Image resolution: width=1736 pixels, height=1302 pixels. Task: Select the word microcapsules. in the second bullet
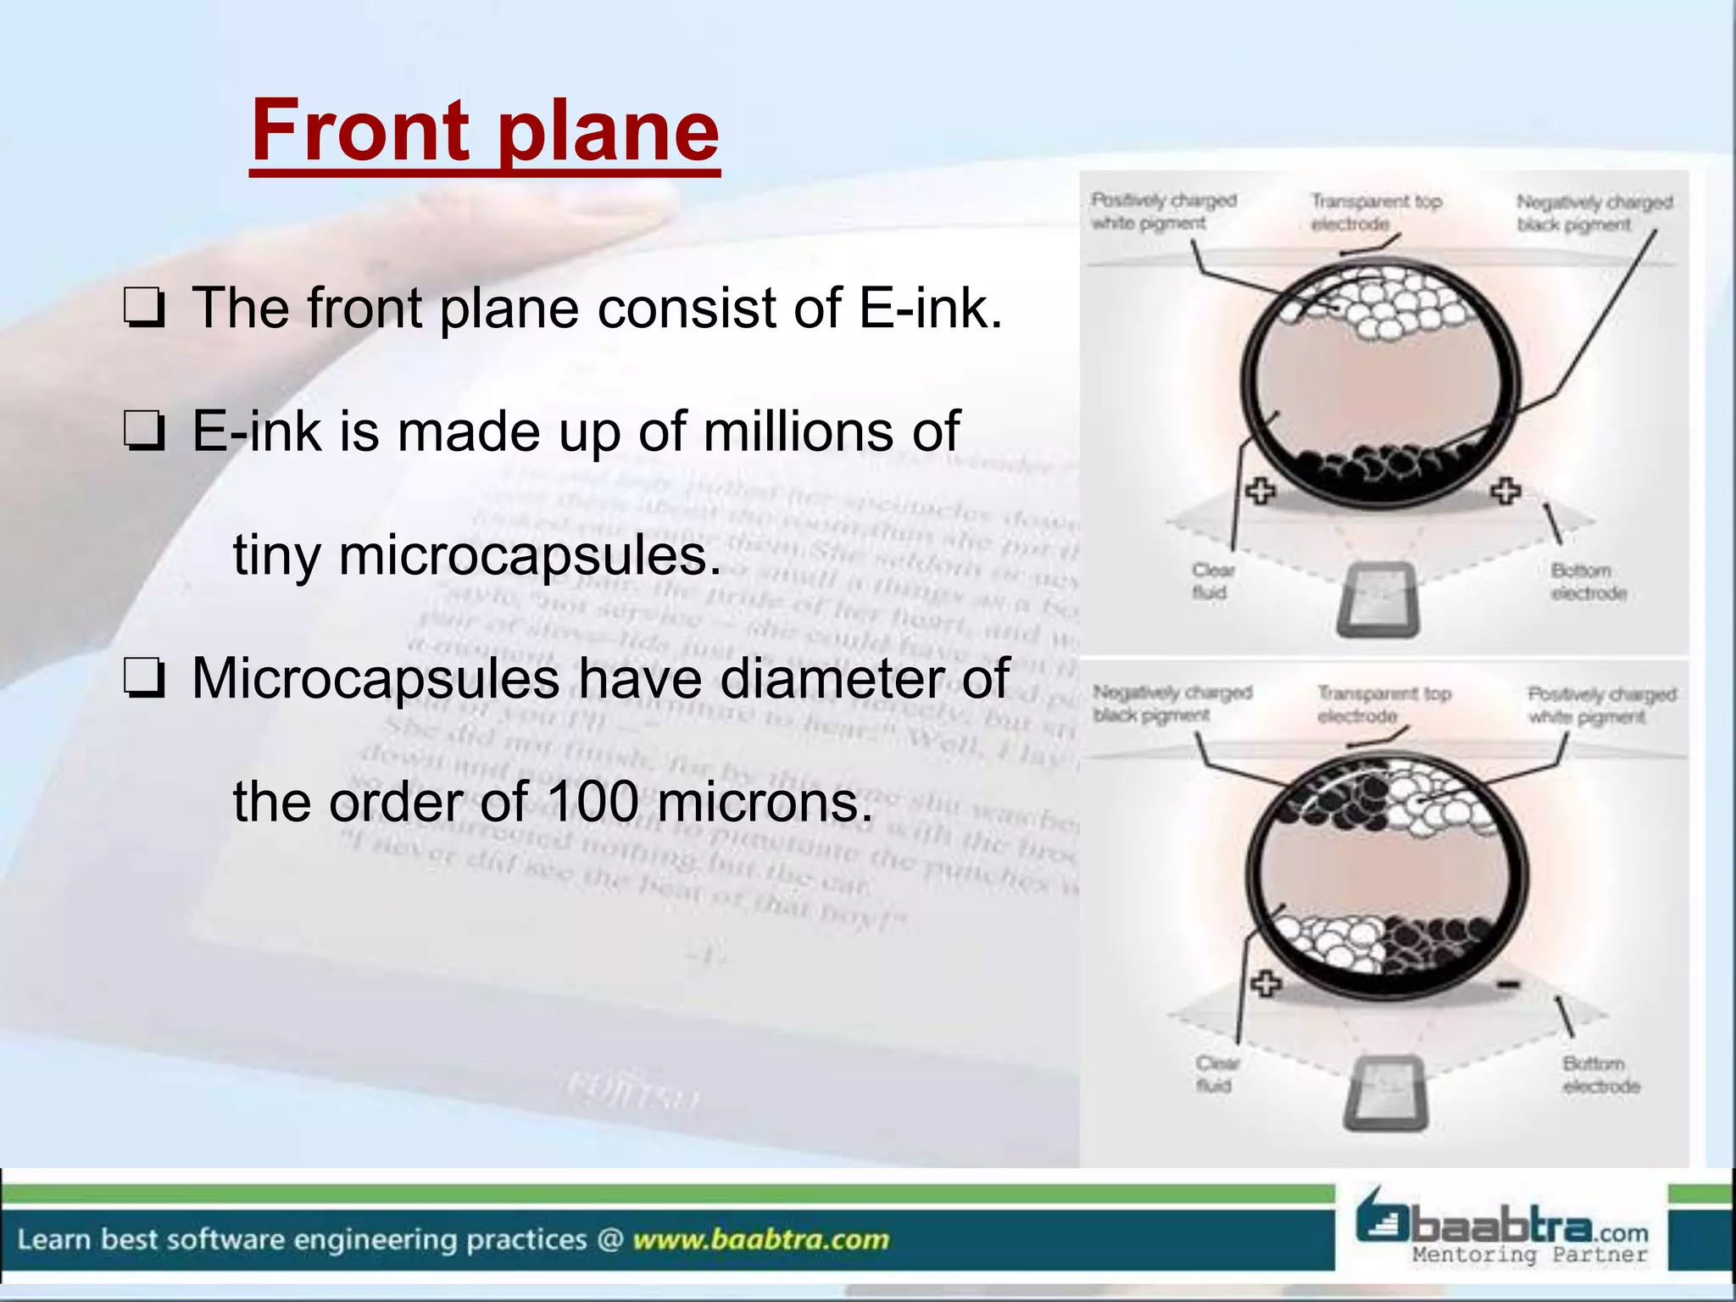(x=477, y=556)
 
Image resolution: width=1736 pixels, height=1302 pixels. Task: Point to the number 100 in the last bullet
(x=593, y=802)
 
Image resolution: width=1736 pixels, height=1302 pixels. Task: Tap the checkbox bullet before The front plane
(x=145, y=309)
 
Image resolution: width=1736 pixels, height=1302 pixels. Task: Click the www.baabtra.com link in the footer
(x=760, y=1240)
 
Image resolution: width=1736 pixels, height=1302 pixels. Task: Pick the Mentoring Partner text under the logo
(x=1529, y=1255)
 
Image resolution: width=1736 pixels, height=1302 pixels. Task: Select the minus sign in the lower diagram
(x=1507, y=984)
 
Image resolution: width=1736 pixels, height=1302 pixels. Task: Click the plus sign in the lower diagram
(x=1266, y=984)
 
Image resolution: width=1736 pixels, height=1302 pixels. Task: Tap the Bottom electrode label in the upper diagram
(x=1588, y=581)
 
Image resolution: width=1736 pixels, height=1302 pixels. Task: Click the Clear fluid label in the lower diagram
(x=1217, y=1074)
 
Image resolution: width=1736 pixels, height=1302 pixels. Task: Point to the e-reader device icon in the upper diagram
(x=1377, y=599)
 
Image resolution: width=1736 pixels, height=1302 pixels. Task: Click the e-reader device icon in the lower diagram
(x=1386, y=1093)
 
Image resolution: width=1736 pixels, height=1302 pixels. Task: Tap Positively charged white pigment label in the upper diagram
(x=1162, y=211)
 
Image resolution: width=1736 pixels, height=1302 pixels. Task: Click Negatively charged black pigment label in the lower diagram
(x=1171, y=704)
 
